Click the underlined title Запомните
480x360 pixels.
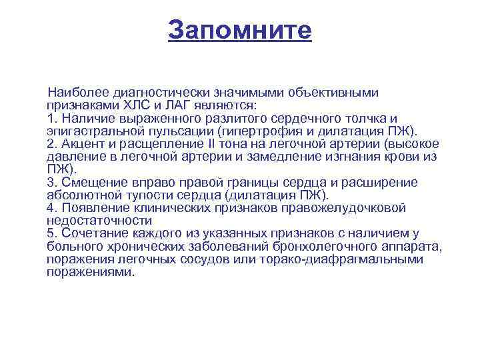[240, 30]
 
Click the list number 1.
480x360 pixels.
[50, 117]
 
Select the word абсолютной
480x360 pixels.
[79, 195]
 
